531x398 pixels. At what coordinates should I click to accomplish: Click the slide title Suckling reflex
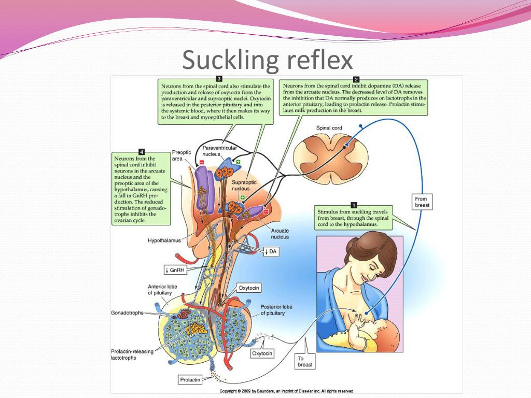pos(267,61)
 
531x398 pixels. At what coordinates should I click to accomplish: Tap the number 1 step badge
pos(354,205)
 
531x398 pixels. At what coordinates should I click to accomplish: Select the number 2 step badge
pos(356,79)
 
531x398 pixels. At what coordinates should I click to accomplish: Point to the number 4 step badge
pos(142,151)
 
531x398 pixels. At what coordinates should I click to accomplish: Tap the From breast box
pos(422,202)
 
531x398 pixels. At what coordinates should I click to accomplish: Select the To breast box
pos(305,361)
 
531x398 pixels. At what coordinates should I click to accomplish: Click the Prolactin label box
pos(190,380)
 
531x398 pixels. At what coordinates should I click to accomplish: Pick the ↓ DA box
pos(271,251)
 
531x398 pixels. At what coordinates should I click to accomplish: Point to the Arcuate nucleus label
pos(280,234)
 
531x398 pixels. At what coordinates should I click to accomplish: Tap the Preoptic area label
pos(181,156)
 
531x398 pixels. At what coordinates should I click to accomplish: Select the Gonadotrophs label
pos(127,313)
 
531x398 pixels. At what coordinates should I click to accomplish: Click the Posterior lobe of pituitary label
pos(276,310)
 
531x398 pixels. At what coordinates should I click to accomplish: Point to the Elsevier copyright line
pos(287,391)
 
